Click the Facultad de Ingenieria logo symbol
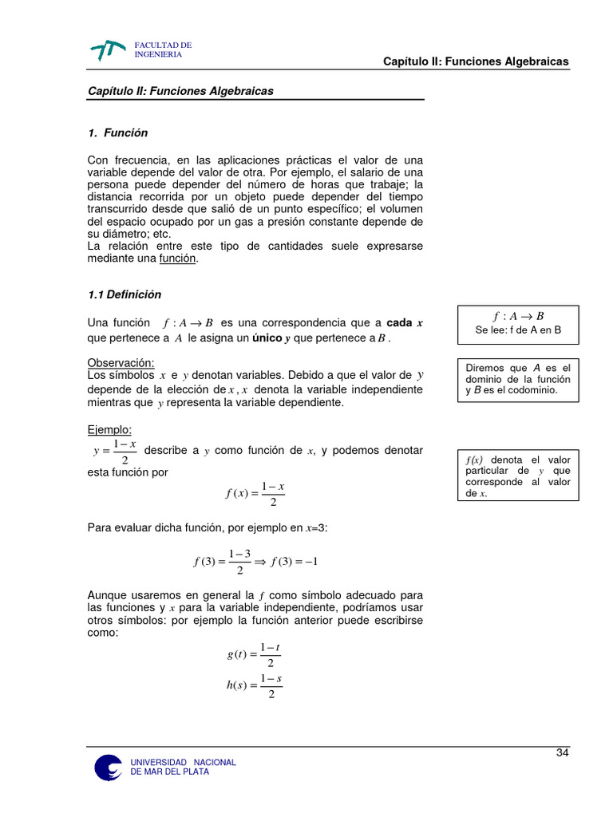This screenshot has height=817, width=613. click(108, 50)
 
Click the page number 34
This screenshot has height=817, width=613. click(562, 754)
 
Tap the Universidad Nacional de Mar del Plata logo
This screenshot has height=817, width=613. click(109, 767)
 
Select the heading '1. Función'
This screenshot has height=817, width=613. click(117, 133)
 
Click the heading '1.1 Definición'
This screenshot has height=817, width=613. click(124, 294)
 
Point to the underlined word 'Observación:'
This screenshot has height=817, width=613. click(121, 363)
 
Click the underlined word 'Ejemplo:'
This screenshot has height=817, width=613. click(109, 430)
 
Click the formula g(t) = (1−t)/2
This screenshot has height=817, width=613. click(253, 654)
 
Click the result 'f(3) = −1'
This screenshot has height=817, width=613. click(295, 561)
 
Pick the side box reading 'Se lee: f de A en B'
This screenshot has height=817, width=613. click(518, 323)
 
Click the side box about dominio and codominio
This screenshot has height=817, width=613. click(518, 379)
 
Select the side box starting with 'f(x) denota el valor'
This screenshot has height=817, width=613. click(518, 476)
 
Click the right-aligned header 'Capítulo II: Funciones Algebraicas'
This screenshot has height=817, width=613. click(476, 61)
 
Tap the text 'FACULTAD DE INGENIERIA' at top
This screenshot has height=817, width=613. click(163, 49)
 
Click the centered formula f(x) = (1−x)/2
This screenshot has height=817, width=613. click(255, 494)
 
